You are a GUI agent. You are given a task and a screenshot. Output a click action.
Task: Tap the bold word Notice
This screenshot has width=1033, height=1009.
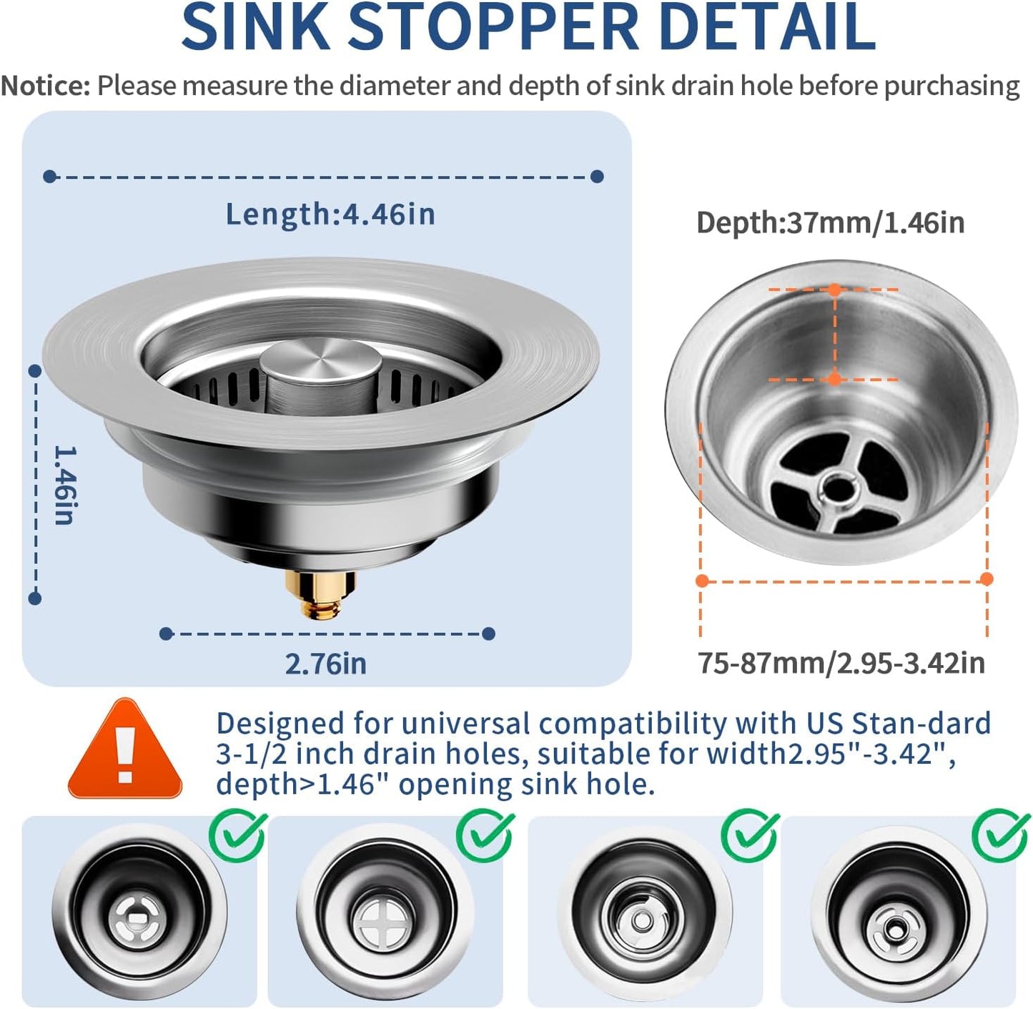point(46,86)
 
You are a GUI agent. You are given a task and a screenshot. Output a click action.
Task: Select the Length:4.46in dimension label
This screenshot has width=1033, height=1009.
point(330,214)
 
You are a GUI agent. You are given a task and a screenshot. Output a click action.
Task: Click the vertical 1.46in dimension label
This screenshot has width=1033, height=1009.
point(64,486)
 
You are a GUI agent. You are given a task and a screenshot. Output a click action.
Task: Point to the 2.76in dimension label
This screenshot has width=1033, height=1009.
point(326,664)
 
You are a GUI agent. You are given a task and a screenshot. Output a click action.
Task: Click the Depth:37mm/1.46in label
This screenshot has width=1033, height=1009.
point(830,223)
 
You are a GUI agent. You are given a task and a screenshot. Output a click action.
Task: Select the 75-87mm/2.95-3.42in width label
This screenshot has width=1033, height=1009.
point(841,663)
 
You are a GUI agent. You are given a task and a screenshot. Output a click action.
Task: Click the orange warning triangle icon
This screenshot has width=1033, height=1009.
point(126,752)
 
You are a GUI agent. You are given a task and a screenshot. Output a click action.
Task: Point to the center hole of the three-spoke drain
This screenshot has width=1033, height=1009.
point(838,489)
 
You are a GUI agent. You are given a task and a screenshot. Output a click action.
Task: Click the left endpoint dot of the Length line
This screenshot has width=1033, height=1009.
point(49,176)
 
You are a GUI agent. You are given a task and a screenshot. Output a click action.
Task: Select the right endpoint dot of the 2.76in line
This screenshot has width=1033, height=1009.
point(489,634)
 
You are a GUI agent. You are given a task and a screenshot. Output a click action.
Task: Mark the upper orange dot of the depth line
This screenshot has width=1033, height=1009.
point(834,290)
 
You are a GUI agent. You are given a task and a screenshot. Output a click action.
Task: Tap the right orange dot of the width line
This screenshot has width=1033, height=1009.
point(987,579)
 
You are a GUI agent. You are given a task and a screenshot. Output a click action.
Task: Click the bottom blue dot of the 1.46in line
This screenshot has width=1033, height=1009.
point(35,598)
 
